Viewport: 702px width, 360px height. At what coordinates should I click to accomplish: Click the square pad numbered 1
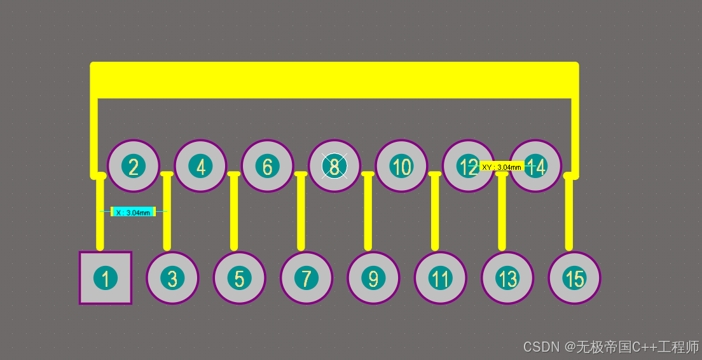click(x=106, y=278)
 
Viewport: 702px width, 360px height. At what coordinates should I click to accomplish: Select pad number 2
click(x=134, y=166)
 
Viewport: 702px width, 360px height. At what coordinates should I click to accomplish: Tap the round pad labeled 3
click(x=172, y=278)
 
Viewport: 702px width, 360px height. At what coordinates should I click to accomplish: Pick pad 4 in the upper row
click(x=201, y=166)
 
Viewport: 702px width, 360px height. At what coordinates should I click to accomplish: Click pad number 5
click(x=239, y=278)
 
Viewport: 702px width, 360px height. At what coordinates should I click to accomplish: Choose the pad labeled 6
click(x=268, y=166)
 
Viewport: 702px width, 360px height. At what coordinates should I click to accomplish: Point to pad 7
click(x=306, y=278)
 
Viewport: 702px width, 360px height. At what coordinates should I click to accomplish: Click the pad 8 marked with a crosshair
click(x=334, y=166)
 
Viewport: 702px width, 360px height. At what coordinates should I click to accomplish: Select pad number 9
click(x=373, y=278)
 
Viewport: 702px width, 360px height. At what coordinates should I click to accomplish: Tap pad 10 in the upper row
click(x=401, y=166)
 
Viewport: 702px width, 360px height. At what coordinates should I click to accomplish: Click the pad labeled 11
click(x=440, y=278)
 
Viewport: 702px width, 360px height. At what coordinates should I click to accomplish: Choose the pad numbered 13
click(x=507, y=278)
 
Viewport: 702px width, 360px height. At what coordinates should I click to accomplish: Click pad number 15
click(x=574, y=278)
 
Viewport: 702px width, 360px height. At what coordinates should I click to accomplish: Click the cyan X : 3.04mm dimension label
click(x=133, y=212)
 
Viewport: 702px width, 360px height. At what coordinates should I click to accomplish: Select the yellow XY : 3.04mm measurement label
click(x=501, y=167)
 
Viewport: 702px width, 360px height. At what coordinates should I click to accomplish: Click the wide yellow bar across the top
click(x=334, y=80)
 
